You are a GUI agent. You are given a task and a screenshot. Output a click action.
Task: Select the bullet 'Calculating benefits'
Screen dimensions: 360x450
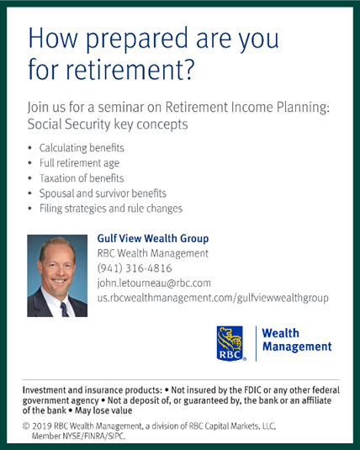click(x=82, y=148)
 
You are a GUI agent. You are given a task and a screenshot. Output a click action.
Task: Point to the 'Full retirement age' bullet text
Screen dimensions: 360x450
click(x=79, y=163)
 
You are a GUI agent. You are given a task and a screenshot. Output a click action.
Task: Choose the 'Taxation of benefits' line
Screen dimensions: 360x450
click(x=82, y=178)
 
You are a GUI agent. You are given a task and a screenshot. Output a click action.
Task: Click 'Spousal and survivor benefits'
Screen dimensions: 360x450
click(x=103, y=193)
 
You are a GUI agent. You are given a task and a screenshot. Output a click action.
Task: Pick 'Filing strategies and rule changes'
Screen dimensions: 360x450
click(x=111, y=209)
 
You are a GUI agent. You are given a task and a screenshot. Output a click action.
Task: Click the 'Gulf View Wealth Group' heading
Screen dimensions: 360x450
click(x=153, y=239)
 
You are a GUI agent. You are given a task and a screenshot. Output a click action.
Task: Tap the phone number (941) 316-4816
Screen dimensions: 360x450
click(x=135, y=268)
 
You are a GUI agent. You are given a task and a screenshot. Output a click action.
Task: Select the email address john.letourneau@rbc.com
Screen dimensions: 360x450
click(x=154, y=283)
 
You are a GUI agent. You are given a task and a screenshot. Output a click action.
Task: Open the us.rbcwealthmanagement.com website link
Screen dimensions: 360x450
click(x=213, y=298)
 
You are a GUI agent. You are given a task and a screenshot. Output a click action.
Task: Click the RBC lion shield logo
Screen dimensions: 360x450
click(x=230, y=343)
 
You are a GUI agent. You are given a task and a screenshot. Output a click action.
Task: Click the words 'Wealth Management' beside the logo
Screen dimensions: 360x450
click(x=297, y=340)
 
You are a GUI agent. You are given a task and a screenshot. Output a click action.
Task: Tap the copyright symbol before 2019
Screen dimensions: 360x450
click(x=26, y=426)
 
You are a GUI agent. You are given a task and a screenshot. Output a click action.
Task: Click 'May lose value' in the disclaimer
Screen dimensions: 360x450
click(x=103, y=410)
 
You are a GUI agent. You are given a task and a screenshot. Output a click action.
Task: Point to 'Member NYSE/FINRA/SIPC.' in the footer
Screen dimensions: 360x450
click(x=79, y=437)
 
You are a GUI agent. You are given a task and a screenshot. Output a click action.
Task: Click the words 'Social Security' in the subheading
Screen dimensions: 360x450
click(x=69, y=124)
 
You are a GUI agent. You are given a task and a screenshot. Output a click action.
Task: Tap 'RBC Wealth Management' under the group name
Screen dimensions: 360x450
click(x=153, y=253)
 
